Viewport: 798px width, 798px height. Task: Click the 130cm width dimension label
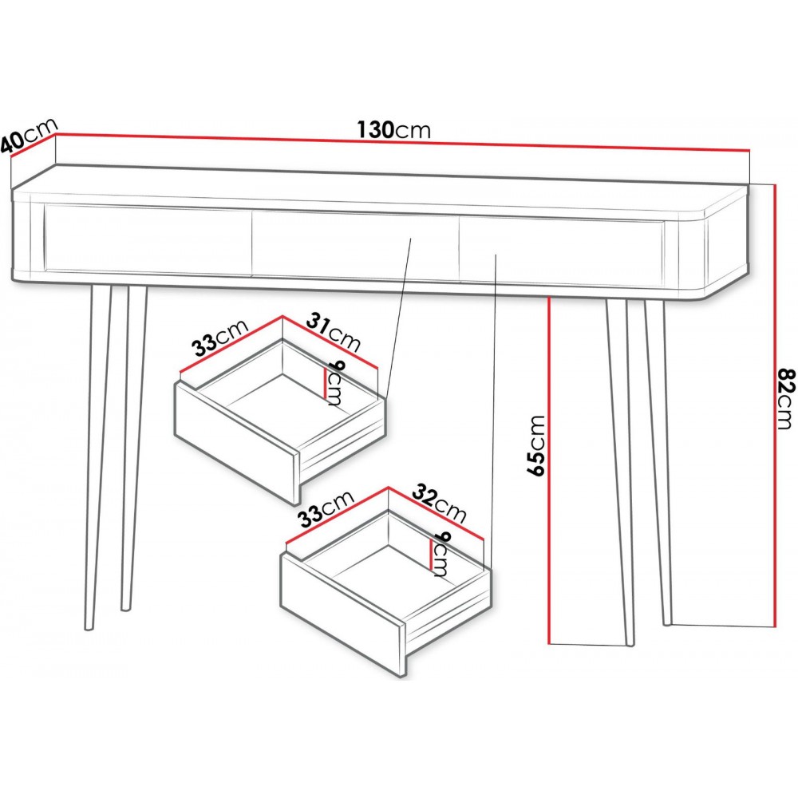(x=393, y=130)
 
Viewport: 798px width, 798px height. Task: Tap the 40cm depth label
(x=28, y=136)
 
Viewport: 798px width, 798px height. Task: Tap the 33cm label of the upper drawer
(x=220, y=338)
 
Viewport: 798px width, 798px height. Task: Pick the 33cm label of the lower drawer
(x=326, y=508)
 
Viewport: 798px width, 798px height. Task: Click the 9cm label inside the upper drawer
(x=336, y=383)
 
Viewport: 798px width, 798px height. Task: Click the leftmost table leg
(x=98, y=457)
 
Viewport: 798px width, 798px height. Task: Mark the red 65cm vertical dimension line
(x=550, y=471)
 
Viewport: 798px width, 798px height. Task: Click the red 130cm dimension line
(x=402, y=142)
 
